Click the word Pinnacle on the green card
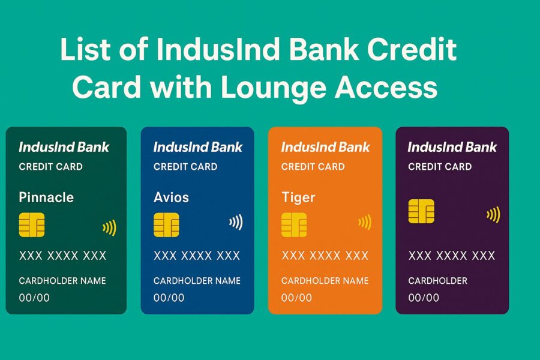[x=46, y=197]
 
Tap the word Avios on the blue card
[x=172, y=197]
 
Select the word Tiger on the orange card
[x=298, y=197]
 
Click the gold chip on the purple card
[x=421, y=211]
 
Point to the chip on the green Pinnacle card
[x=32, y=224]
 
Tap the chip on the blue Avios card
[x=166, y=224]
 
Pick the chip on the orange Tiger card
[x=294, y=224]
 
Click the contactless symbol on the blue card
[x=236, y=223]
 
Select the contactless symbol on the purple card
[x=493, y=214]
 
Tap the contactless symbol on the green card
[x=109, y=227]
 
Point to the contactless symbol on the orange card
[x=365, y=223]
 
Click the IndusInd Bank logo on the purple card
[x=452, y=147]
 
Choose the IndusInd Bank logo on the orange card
[x=325, y=147]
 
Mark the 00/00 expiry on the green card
[x=34, y=298]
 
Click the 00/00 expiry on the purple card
[x=424, y=298]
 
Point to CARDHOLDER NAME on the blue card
[x=197, y=281]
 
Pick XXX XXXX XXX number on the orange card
[x=325, y=256]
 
